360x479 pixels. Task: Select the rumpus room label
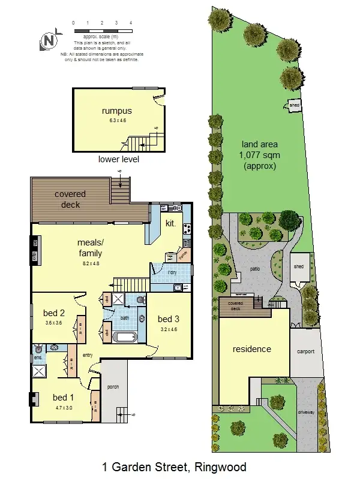(x=116, y=111)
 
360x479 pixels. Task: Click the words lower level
(x=118, y=159)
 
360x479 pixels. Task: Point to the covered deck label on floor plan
(x=70, y=199)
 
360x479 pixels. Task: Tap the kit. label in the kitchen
(x=170, y=223)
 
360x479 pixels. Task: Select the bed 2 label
(x=54, y=313)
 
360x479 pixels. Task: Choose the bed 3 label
(x=168, y=318)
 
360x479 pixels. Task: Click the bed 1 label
(x=63, y=397)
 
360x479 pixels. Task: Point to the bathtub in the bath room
(x=125, y=336)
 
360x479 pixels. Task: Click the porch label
(x=113, y=387)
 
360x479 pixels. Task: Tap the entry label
(x=88, y=356)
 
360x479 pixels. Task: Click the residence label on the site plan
(x=252, y=349)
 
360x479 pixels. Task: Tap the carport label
(x=305, y=351)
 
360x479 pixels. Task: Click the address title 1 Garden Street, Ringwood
(x=174, y=466)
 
